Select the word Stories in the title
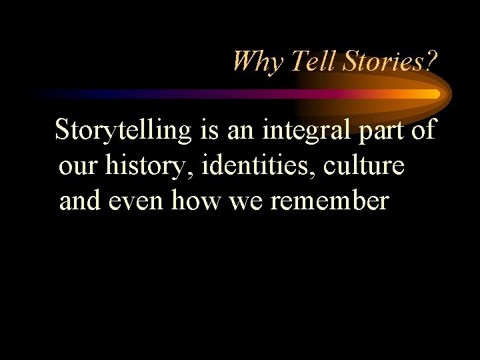tap(375, 62)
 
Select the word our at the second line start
tap(77, 166)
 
